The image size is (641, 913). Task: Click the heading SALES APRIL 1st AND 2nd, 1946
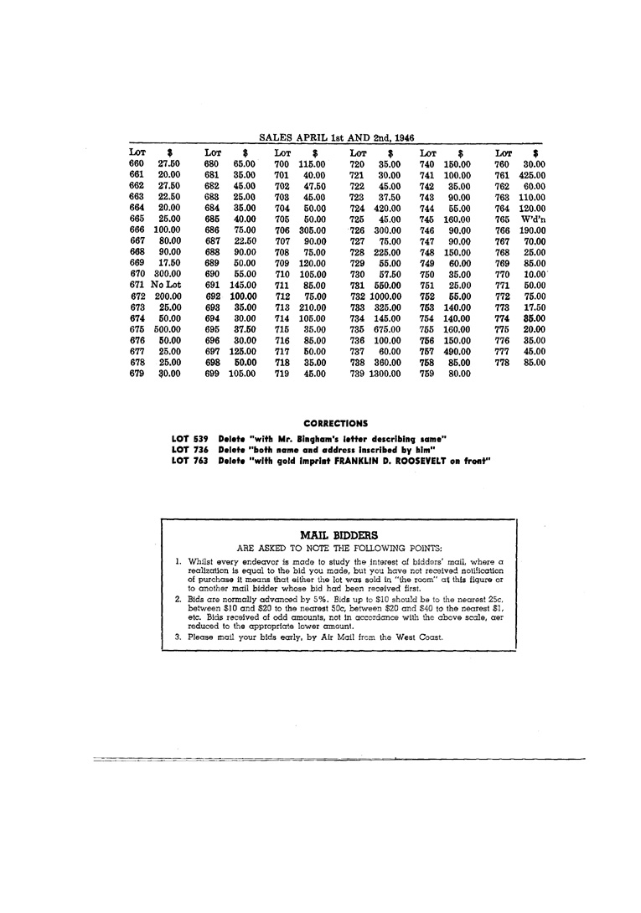pos(336,137)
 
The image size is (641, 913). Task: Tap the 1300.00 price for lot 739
pos(386,374)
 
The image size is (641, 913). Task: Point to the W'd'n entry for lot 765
pos(533,219)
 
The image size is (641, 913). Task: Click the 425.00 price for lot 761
pos(532,176)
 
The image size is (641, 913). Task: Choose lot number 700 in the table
pos(282,165)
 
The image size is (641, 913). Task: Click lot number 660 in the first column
pos(137,165)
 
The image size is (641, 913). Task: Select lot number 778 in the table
pos(502,363)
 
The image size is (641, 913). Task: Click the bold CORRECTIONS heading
pos(335,424)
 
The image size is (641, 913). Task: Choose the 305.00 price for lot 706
pos(313,230)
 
